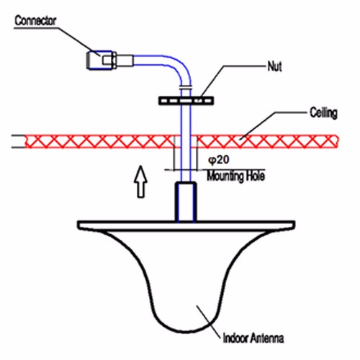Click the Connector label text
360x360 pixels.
click(35, 21)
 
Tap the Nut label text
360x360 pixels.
click(274, 66)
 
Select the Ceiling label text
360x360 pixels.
click(323, 112)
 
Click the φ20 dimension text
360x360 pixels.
click(218, 160)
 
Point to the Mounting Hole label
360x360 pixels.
click(236, 176)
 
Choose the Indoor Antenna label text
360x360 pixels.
click(253, 338)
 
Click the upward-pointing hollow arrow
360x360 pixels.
click(141, 181)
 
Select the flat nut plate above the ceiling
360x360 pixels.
click(186, 101)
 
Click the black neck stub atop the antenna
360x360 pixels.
click(186, 202)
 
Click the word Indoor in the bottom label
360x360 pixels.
click(235, 338)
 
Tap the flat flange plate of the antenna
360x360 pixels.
click(186, 225)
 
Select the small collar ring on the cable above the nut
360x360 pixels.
click(186, 87)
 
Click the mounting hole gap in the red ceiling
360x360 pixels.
click(186, 142)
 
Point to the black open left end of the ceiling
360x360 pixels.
click(19, 142)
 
